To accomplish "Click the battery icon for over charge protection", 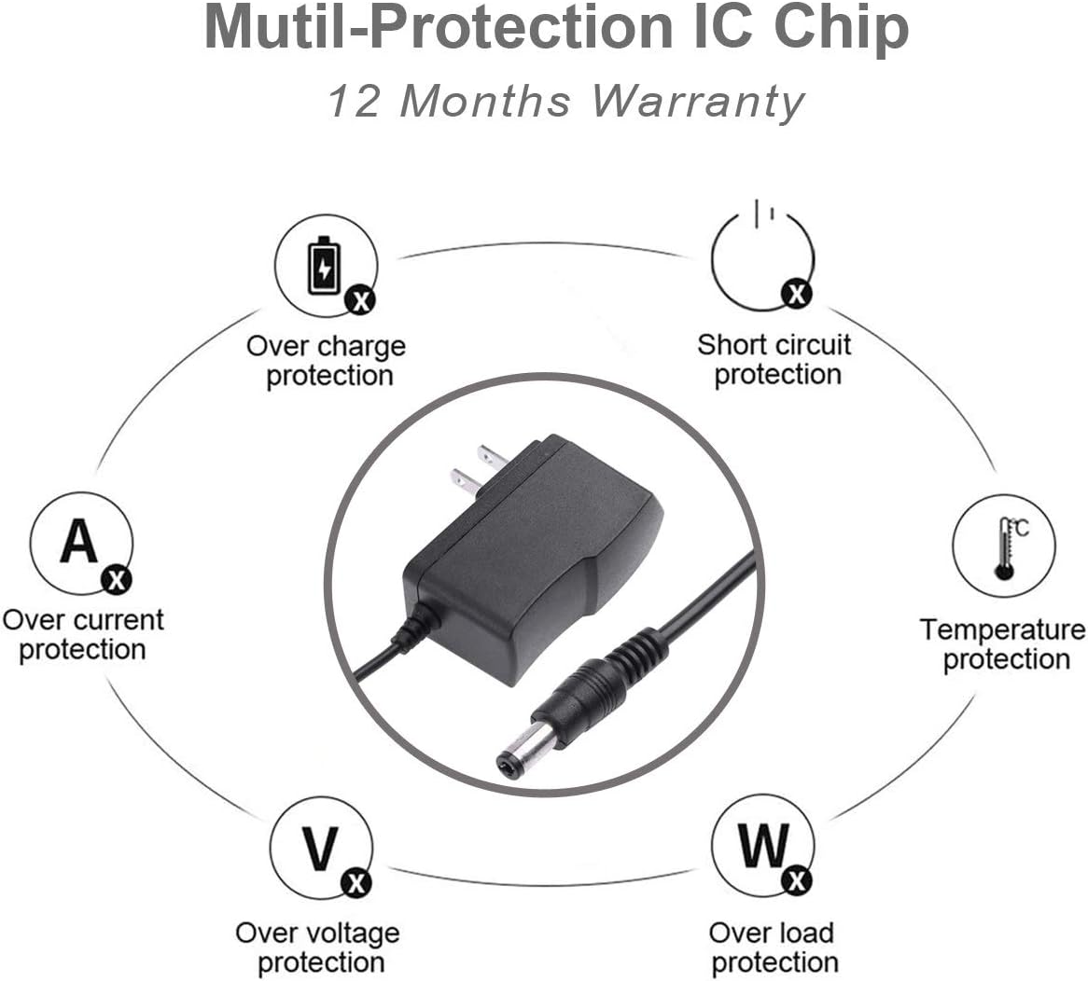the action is tap(324, 265).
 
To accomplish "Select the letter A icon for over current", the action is tap(79, 540).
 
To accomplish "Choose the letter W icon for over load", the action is tap(763, 845).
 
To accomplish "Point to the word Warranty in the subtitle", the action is tap(697, 101).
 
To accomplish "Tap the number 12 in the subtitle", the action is tap(355, 101).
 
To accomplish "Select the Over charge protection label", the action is tap(327, 361).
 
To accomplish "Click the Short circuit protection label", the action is tap(774, 359).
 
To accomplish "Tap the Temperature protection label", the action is tap(1004, 643).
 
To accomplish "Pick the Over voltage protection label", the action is tap(318, 946).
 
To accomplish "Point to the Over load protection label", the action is tap(773, 946).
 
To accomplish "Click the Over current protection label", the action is tap(82, 634).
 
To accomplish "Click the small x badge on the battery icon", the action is tap(359, 299).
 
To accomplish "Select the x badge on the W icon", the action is tap(796, 879).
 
